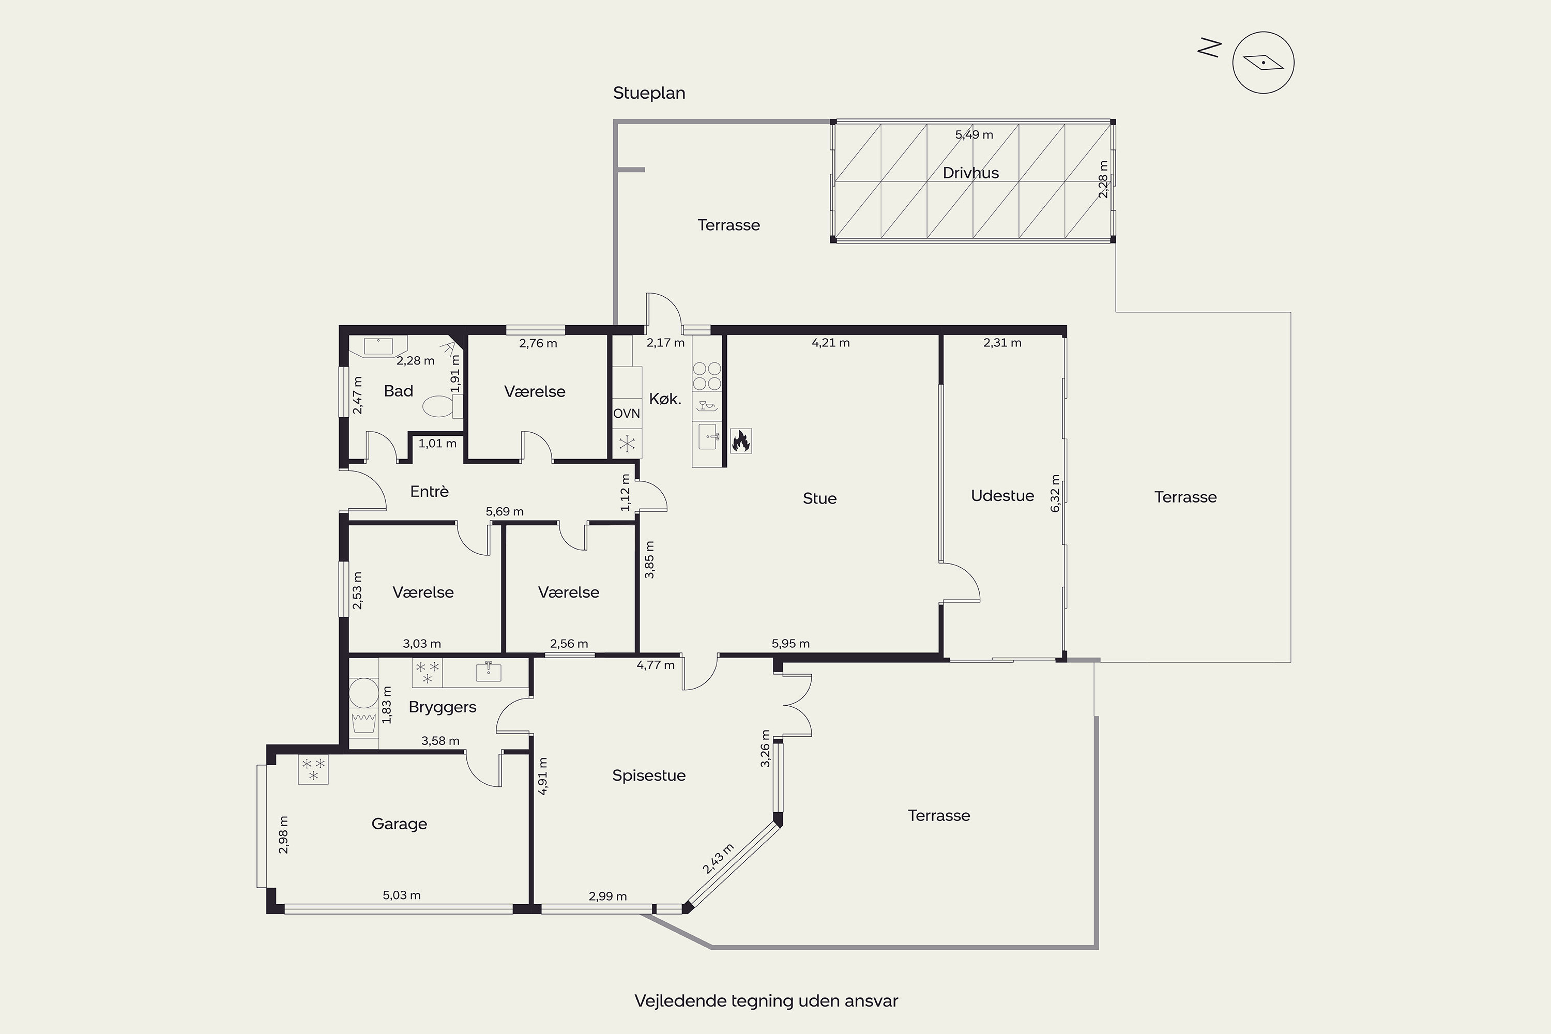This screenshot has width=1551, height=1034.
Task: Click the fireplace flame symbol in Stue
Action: click(740, 440)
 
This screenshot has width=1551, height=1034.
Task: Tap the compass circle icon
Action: click(1263, 63)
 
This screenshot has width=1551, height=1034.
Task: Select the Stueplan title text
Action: click(649, 93)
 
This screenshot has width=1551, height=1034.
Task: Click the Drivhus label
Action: click(971, 173)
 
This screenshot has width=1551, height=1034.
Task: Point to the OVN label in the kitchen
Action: click(627, 414)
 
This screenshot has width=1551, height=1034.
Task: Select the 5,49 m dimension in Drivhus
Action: click(974, 134)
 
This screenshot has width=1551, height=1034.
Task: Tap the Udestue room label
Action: click(1002, 496)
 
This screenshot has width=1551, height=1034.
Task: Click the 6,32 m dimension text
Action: click(1055, 493)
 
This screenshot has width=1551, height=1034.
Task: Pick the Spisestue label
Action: click(649, 775)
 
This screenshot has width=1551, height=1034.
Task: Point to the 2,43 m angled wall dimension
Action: click(718, 859)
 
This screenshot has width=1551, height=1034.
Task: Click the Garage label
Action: click(399, 824)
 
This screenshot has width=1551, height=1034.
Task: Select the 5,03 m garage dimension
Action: click(402, 895)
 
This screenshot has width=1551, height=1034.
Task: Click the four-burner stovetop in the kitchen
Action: click(707, 376)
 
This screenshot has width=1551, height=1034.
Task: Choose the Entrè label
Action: click(429, 491)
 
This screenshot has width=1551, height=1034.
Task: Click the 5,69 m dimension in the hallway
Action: click(505, 512)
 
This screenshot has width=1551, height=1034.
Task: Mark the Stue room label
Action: click(819, 498)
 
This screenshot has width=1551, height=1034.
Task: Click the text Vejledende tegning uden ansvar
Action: click(766, 1001)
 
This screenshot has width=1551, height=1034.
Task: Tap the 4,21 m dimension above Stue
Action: click(830, 343)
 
